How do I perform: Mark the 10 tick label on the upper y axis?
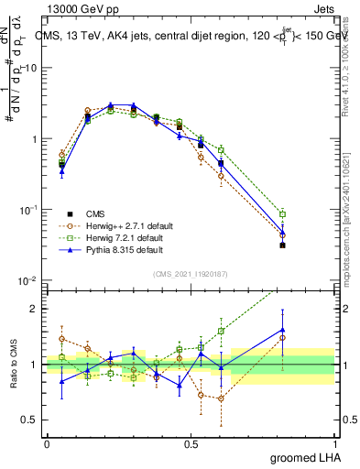(31, 69)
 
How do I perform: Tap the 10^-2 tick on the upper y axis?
(29, 280)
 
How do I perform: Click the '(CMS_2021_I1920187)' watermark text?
(191, 273)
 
